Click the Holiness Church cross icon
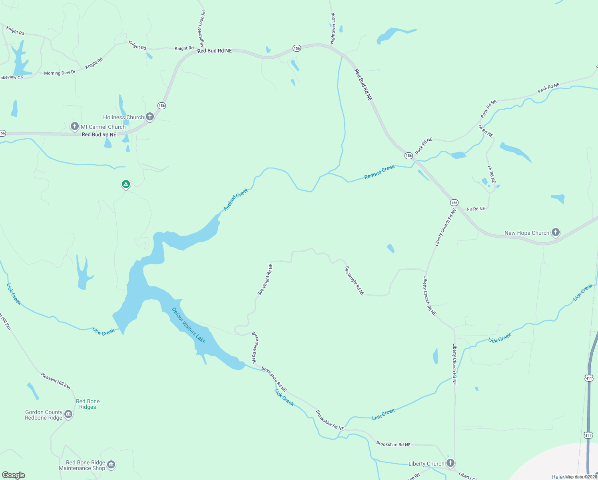[x=150, y=117]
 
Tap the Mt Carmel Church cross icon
[x=74, y=126]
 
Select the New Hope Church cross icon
[x=555, y=232]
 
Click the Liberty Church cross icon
[x=450, y=463]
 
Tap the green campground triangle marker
[x=126, y=184]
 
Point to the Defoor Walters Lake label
[x=189, y=325]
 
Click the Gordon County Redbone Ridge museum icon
[x=68, y=414]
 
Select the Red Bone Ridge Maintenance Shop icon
[x=111, y=464]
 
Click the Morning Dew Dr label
[x=60, y=73]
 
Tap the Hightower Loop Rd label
[x=202, y=28]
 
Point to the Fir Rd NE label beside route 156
[x=476, y=209]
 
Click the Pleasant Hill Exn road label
[x=55, y=381]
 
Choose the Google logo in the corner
[x=14, y=475]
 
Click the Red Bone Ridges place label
[x=88, y=404]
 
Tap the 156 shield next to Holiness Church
[x=161, y=106]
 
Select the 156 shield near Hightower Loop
[x=296, y=48]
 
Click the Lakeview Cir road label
[x=12, y=78]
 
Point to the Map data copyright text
[x=581, y=477]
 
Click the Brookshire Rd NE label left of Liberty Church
[x=393, y=444]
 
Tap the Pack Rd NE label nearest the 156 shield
[x=424, y=146]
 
